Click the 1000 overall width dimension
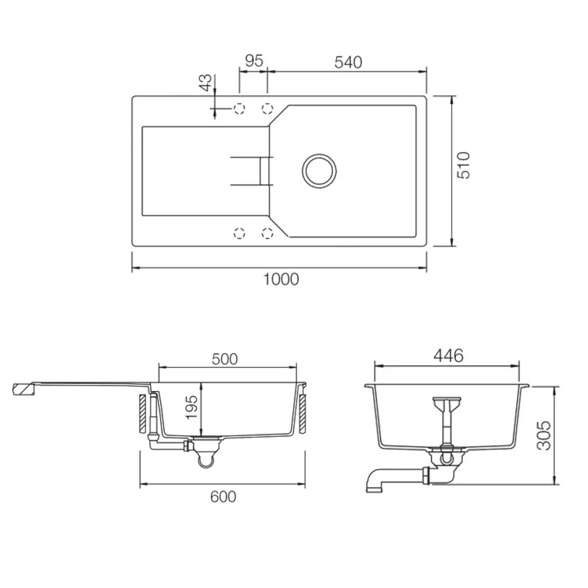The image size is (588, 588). click(x=281, y=280)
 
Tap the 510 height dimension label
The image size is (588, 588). click(x=464, y=166)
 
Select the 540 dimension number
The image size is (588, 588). click(x=349, y=62)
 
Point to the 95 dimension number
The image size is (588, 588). click(x=254, y=61)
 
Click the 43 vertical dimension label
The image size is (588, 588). click(x=205, y=83)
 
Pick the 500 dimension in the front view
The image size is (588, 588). click(x=224, y=359)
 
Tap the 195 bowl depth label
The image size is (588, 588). click(x=191, y=407)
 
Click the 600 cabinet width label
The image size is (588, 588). click(x=223, y=497)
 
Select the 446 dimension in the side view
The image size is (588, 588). click(x=449, y=355)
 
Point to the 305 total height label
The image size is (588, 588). click(x=544, y=436)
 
